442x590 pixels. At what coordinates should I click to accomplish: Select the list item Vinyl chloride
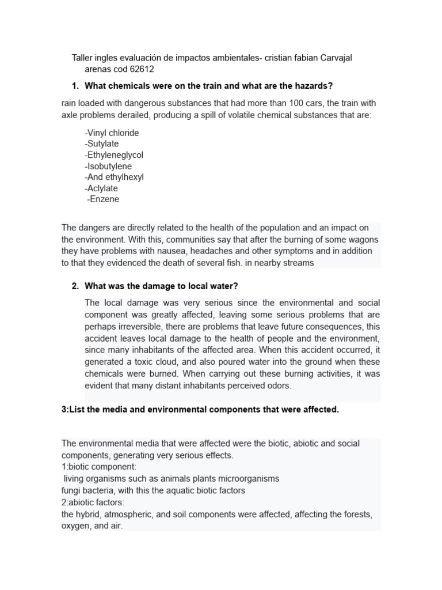[112, 133]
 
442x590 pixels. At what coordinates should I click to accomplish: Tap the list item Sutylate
[101, 144]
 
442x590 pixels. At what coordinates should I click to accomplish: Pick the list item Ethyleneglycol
[114, 155]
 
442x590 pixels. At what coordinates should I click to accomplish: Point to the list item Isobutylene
[108, 166]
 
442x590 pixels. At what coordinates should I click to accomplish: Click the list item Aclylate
[101, 188]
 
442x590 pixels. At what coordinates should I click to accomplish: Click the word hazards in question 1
[312, 86]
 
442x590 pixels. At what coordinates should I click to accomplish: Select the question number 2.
[75, 286]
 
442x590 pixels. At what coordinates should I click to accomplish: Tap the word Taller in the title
[82, 58]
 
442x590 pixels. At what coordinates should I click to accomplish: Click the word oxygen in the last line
[75, 526]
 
